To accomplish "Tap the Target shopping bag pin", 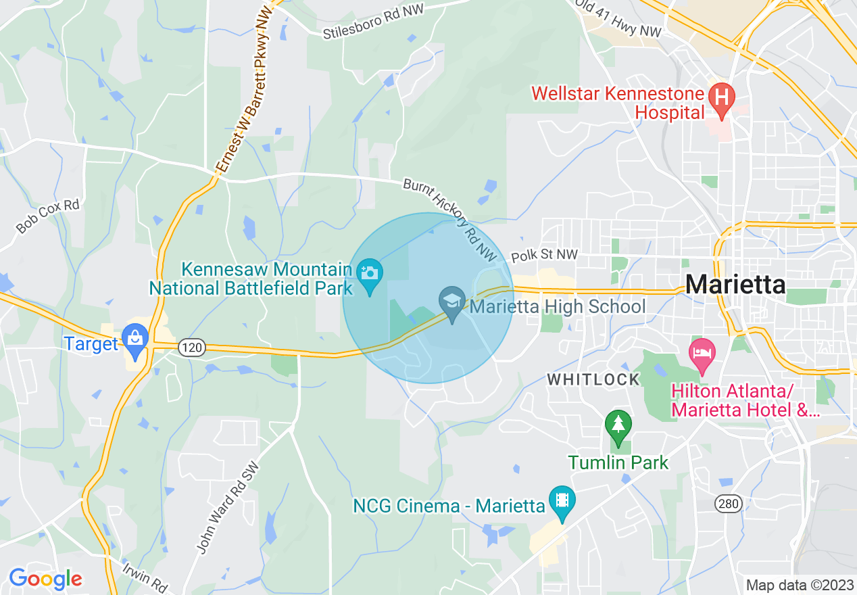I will [x=136, y=339].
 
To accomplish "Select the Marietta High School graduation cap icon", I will [x=451, y=301].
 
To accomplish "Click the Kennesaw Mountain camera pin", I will [x=370, y=274].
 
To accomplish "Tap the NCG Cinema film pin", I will [x=562, y=500].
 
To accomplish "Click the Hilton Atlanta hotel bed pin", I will [x=702, y=353].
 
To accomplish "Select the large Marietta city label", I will [x=735, y=285].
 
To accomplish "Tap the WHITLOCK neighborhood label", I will [x=593, y=379].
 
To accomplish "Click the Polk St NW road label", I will [x=545, y=256].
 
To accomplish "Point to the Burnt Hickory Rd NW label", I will [x=450, y=220].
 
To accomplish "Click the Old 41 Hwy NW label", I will [x=618, y=18].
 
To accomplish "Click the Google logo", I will [x=45, y=579].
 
